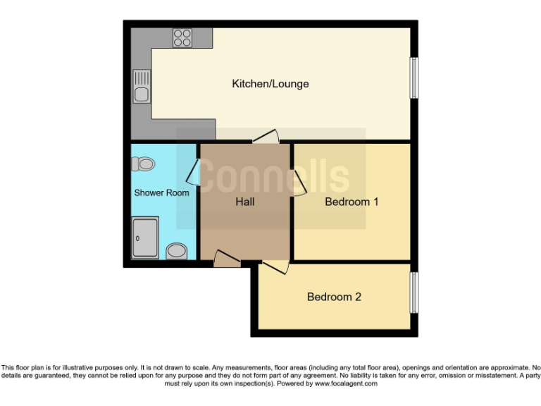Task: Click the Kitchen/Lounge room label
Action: click(x=270, y=84)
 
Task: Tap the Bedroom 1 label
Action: click(x=352, y=202)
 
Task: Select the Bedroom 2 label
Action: click(x=334, y=297)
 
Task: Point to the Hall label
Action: click(x=244, y=202)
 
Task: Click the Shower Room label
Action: click(x=161, y=192)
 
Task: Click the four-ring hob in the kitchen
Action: click(x=182, y=37)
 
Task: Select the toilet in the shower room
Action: click(x=143, y=164)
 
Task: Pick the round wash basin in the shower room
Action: click(x=176, y=250)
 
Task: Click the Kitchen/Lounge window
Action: click(x=415, y=78)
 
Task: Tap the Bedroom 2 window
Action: click(x=414, y=292)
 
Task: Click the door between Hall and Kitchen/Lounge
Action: click(x=266, y=137)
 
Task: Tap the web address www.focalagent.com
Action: click(x=346, y=384)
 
